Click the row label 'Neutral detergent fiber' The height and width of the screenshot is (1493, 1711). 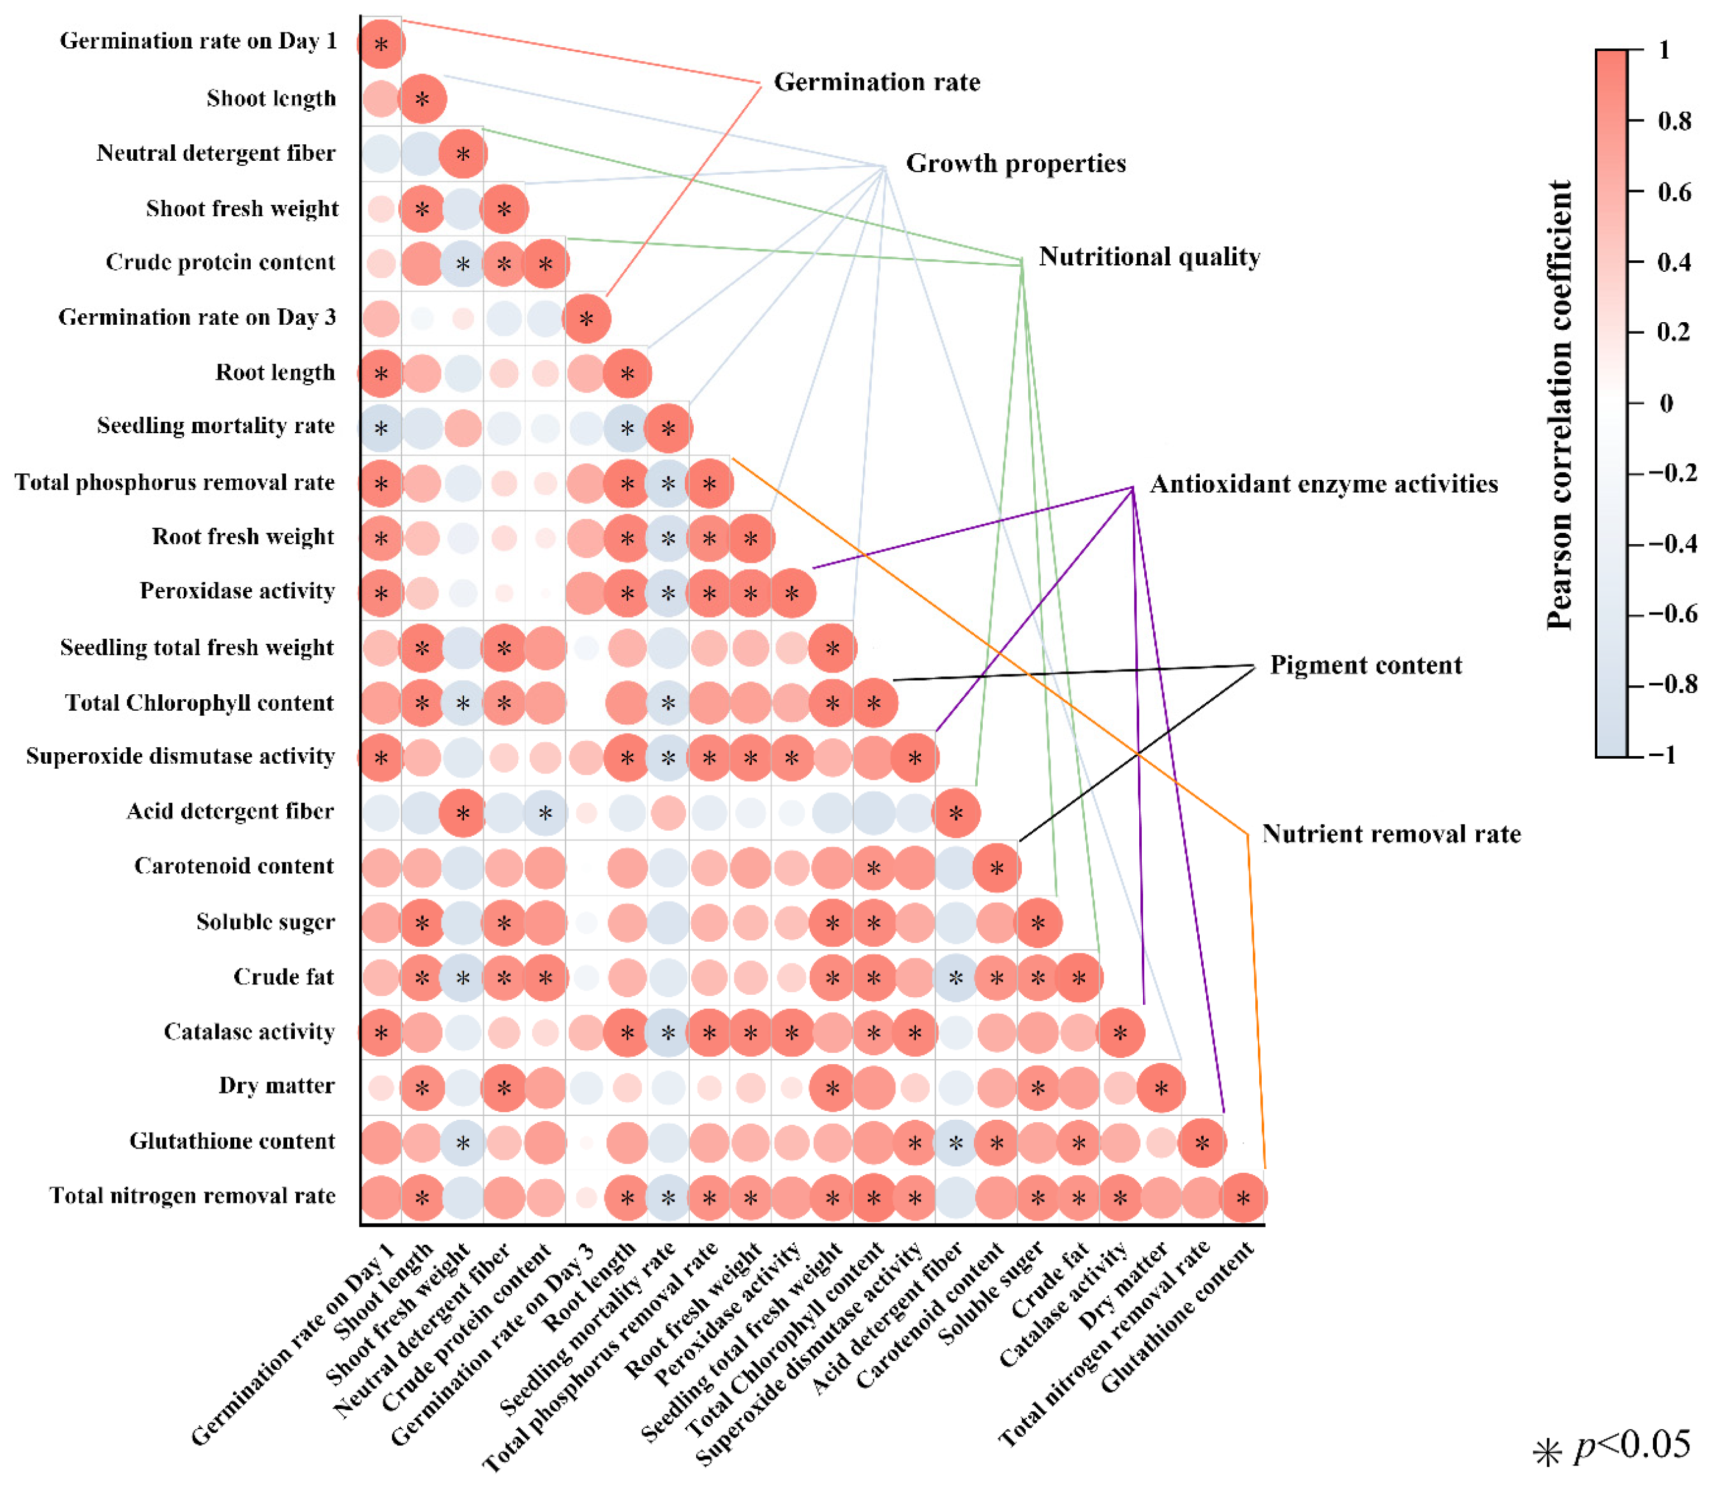(216, 153)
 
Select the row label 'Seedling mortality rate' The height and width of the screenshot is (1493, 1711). (216, 426)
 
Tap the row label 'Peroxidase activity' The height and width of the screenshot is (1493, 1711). (237, 591)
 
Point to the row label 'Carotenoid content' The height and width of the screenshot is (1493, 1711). (234, 866)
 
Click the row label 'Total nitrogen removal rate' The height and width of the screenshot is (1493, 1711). (193, 1196)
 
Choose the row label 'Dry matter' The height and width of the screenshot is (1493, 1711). (277, 1085)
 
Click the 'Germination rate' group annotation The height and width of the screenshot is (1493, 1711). (877, 82)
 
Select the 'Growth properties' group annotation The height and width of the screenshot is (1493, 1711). (1016, 163)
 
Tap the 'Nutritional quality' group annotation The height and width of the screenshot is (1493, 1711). (1149, 256)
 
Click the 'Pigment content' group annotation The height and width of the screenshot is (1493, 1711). (1366, 665)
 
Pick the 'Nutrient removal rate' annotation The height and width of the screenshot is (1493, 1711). (1391, 834)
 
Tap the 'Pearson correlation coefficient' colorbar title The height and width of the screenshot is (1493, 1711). (1558, 405)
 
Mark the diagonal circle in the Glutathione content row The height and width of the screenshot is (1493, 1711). (1202, 1142)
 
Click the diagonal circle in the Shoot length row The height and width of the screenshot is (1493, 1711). (422, 99)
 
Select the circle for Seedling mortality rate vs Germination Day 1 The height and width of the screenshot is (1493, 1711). (381, 428)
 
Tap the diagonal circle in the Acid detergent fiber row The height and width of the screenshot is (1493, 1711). (956, 812)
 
